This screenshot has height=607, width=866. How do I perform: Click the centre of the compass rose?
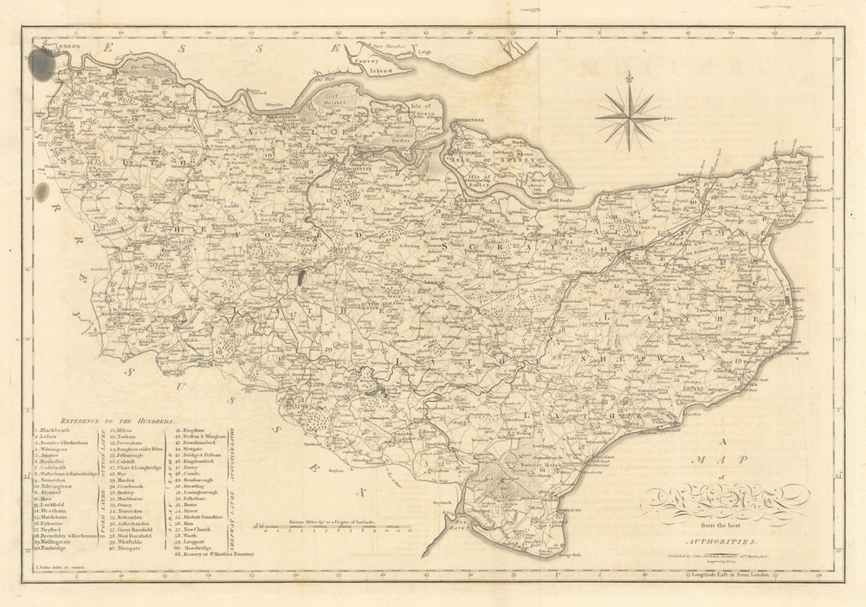[x=628, y=116]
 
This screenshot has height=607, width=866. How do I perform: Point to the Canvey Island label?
[x=381, y=70]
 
